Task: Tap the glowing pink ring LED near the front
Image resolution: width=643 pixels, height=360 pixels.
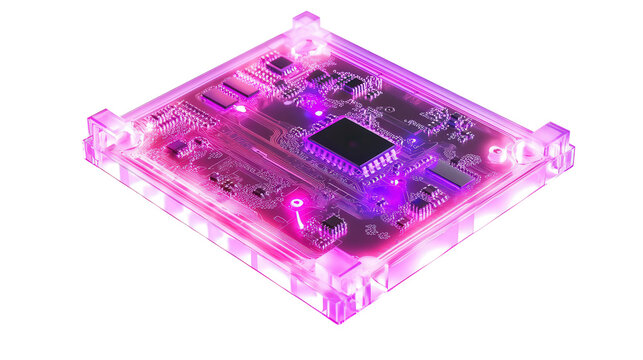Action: point(297,202)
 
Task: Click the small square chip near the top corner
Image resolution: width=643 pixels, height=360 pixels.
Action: point(283,63)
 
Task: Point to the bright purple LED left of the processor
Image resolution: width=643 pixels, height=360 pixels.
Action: point(311,100)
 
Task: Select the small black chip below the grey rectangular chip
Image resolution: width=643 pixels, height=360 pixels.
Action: point(420,206)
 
